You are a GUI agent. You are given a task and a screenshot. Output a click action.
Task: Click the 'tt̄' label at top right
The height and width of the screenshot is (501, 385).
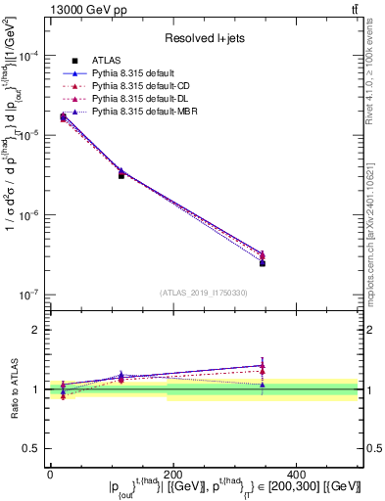coord(353,10)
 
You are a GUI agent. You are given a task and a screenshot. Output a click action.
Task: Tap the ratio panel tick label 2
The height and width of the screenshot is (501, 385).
coord(36,330)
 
